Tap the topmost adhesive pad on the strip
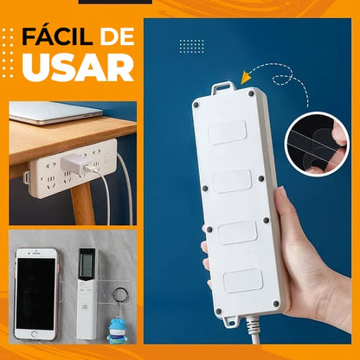[229, 132]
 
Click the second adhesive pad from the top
[234, 181]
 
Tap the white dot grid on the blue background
[191, 46]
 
